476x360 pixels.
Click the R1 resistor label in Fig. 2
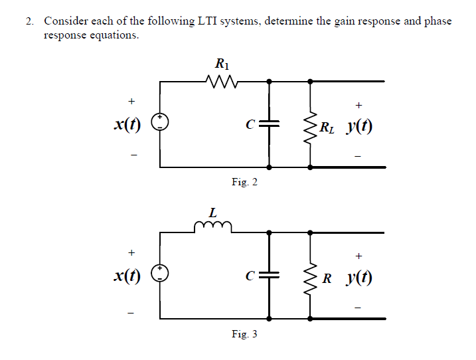pos(222,64)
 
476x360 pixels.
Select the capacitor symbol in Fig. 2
pos(269,124)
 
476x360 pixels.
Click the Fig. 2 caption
pos(244,182)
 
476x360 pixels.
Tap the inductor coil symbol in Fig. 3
pos(212,228)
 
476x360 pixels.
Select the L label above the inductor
pos(212,214)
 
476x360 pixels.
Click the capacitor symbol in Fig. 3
pos(269,274)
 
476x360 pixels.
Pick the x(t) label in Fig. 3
pos(127,274)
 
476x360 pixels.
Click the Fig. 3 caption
pos(244,333)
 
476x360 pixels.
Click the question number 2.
pos(29,21)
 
